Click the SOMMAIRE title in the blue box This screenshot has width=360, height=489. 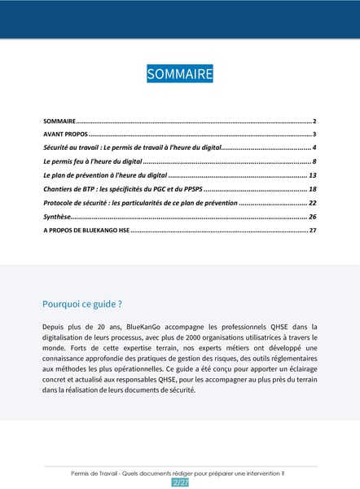coord(180,74)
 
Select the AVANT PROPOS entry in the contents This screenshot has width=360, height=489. coord(65,134)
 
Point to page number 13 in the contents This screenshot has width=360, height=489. coord(312,175)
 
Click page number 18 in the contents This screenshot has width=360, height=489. coord(312,189)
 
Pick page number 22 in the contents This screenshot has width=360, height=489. coord(312,203)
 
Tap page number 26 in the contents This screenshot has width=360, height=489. coord(312,217)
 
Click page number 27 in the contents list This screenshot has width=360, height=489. coord(312,231)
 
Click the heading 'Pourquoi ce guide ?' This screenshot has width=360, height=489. coord(82,304)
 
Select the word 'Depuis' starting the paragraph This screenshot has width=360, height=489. coord(54,326)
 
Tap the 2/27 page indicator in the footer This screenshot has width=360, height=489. coord(180,482)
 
